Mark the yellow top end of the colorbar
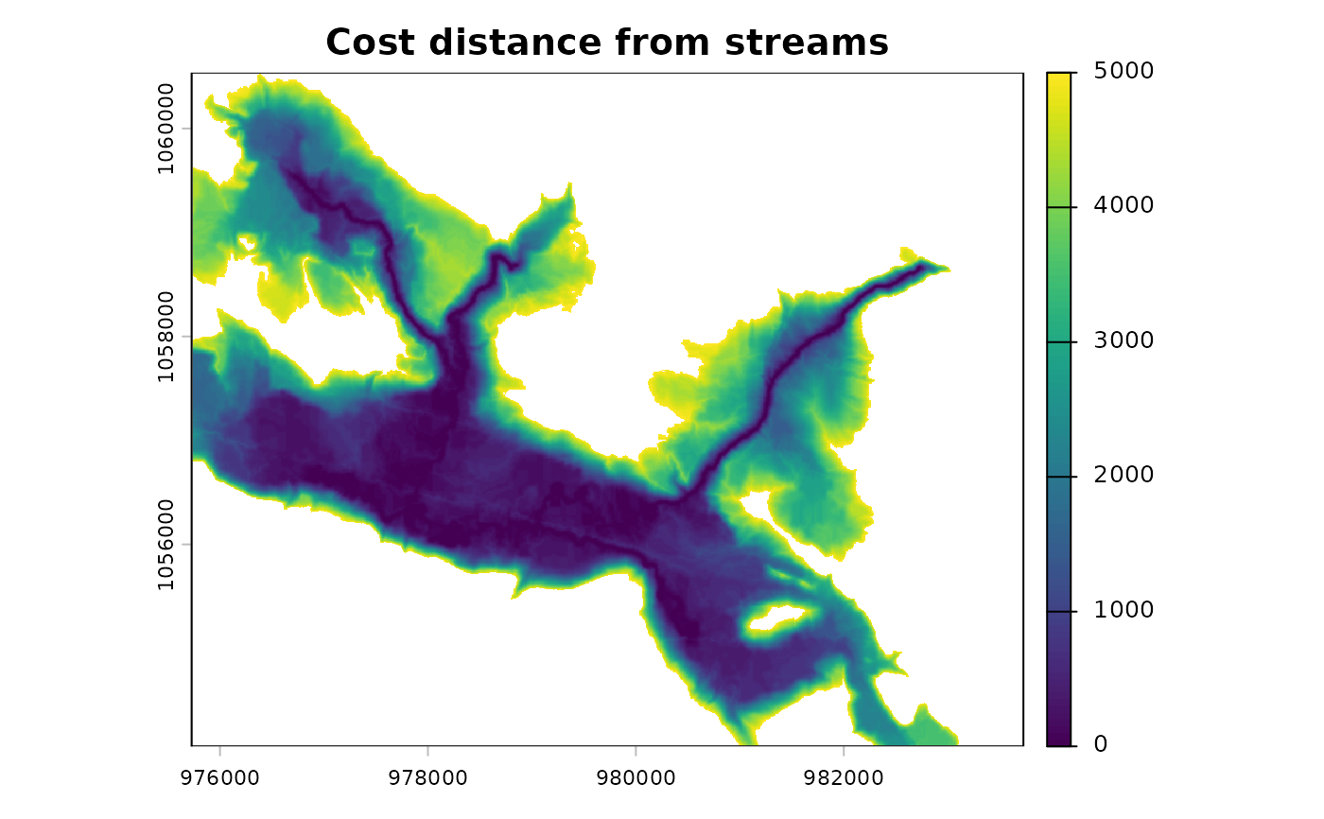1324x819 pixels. [1060, 78]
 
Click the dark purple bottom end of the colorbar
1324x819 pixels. [1060, 740]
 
